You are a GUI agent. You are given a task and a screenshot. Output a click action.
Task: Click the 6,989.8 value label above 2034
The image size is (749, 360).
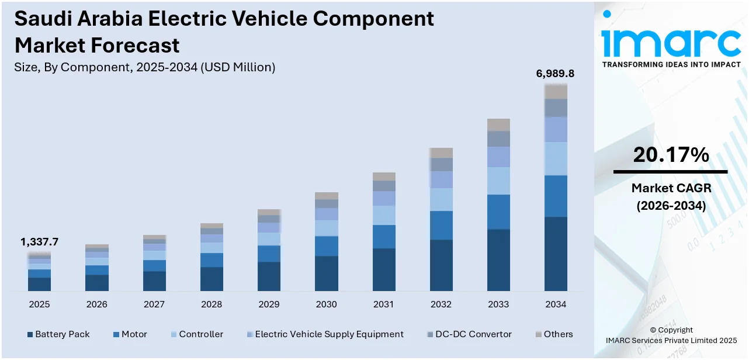pyautogui.click(x=555, y=74)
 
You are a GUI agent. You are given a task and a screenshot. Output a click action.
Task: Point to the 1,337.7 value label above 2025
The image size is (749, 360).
pyautogui.click(x=39, y=242)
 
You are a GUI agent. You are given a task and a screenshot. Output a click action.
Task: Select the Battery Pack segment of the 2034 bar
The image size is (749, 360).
pyautogui.click(x=556, y=254)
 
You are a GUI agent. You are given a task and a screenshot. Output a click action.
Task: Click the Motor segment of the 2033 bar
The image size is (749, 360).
pyautogui.click(x=498, y=212)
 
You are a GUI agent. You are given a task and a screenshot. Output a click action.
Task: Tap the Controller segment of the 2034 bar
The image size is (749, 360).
pyautogui.click(x=556, y=158)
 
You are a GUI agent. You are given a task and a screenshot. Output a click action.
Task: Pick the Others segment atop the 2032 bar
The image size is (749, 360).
pyautogui.click(x=441, y=153)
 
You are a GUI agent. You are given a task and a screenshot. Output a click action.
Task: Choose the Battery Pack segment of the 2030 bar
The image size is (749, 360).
pyautogui.click(x=327, y=273)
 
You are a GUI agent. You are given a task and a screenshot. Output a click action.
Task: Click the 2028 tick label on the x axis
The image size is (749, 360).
pyautogui.click(x=211, y=304)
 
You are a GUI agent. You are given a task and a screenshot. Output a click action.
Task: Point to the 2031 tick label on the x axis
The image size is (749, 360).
pyautogui.click(x=384, y=304)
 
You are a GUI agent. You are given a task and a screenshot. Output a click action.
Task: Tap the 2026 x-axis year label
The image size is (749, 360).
pyautogui.click(x=97, y=304)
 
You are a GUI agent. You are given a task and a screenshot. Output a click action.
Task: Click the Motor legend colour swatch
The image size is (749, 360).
pyautogui.click(x=116, y=335)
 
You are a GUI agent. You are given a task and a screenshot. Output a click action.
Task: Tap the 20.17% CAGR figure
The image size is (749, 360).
pyautogui.click(x=671, y=155)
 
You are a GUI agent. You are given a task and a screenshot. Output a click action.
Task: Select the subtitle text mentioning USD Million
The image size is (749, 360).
pyautogui.click(x=144, y=67)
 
